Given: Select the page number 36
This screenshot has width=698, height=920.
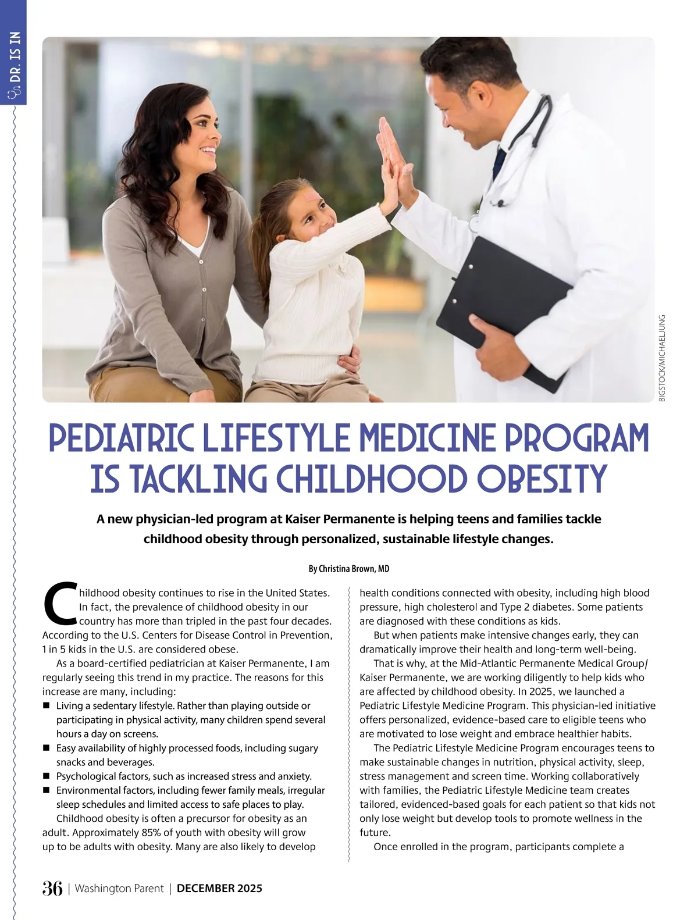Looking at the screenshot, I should (52, 888).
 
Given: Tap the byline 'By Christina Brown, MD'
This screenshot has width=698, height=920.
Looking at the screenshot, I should (348, 568).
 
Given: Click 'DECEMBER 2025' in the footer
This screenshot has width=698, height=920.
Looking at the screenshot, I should (219, 888).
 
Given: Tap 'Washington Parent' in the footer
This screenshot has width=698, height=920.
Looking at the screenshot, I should (119, 888).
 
